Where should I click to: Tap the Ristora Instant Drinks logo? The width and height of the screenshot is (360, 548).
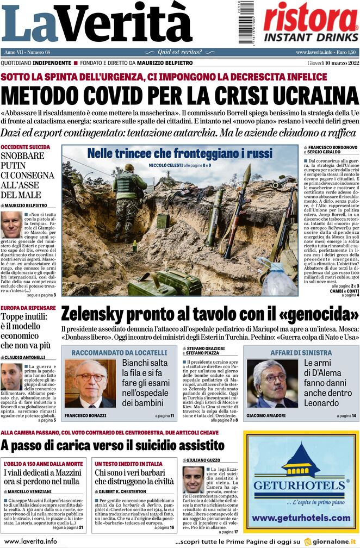[x=310, y=23]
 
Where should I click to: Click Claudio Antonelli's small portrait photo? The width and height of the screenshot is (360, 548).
[x=11, y=376]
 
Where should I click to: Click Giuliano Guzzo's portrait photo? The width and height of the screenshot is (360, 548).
[x=193, y=479]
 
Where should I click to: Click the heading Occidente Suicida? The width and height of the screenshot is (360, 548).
[x=26, y=147]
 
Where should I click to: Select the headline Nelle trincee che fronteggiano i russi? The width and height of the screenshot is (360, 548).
[x=179, y=153]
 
